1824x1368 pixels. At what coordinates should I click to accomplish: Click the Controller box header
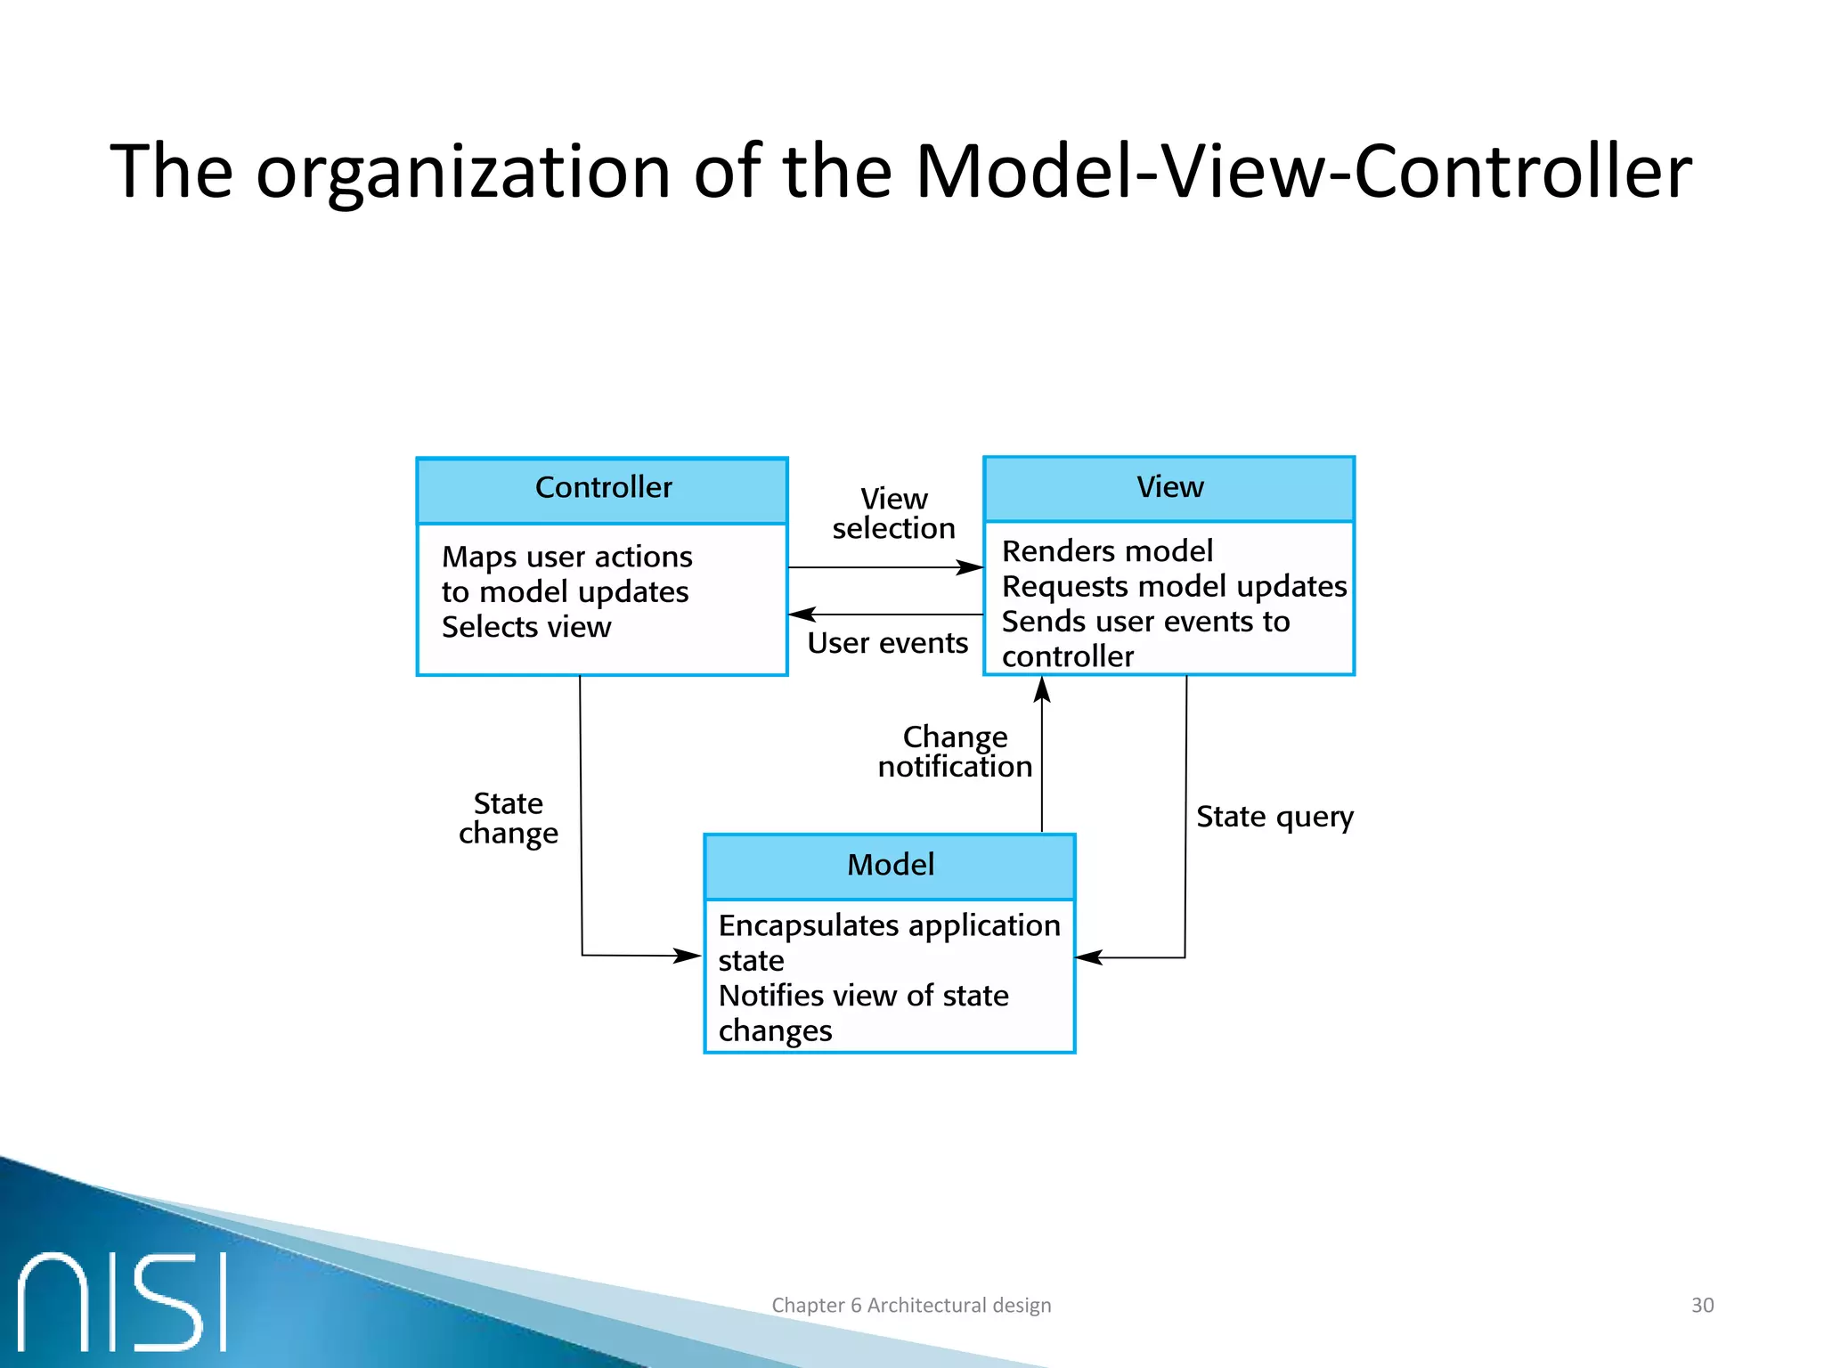click(602, 489)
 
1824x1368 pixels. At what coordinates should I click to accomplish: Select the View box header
click(1168, 488)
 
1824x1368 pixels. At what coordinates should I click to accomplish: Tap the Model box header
click(890, 866)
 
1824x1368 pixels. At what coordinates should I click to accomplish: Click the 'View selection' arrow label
click(893, 514)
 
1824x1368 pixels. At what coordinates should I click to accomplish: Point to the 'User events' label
click(887, 643)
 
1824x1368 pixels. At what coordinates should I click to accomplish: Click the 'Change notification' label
click(955, 752)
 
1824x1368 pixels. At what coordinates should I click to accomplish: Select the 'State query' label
click(1274, 817)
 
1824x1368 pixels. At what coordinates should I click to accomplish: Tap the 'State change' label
click(509, 818)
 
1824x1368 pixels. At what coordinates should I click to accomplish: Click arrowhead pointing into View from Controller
click(972, 567)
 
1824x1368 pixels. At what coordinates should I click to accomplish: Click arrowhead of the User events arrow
click(801, 615)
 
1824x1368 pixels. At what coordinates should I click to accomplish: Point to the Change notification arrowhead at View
click(1042, 688)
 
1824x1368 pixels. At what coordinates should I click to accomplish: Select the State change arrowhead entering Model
click(688, 956)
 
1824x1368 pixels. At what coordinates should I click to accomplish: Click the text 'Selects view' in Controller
click(526, 627)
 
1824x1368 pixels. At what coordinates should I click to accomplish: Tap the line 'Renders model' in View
click(1107, 551)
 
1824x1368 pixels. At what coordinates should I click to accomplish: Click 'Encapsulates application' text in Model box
click(889, 926)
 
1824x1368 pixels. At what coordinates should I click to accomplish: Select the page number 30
click(1702, 1305)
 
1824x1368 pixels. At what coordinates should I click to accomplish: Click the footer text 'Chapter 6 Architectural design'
click(911, 1305)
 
